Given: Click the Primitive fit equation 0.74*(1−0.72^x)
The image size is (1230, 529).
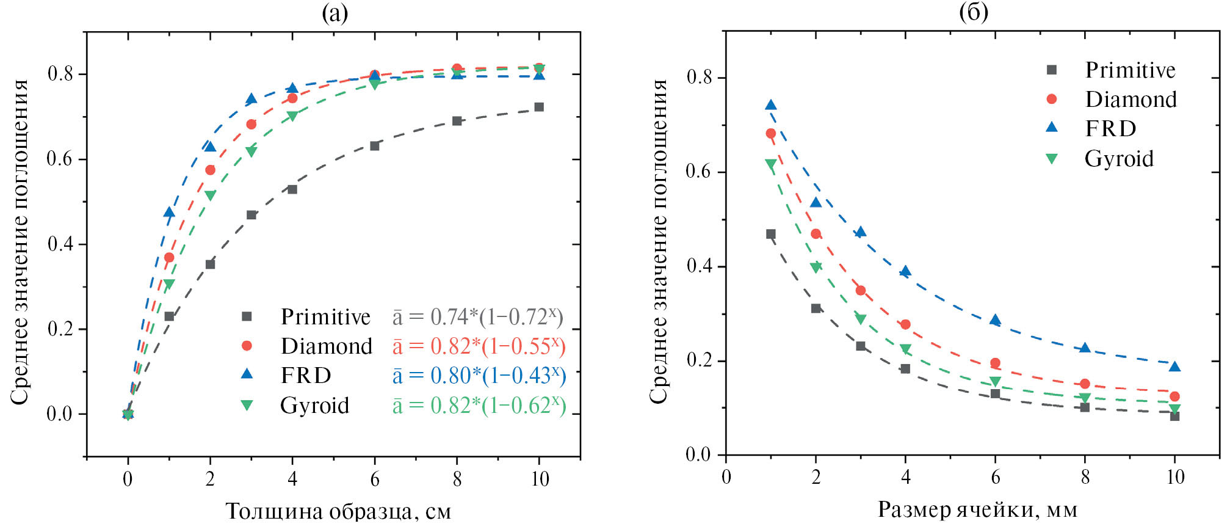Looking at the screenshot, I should [477, 317].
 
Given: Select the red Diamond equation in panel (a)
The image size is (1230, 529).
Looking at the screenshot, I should [479, 346].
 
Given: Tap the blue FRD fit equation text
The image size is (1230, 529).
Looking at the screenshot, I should [479, 376].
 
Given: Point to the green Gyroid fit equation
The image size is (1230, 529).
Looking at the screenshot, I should [479, 406].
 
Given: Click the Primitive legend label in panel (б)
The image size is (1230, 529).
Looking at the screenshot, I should [1130, 70].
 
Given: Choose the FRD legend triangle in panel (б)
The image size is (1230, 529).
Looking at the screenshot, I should [1052, 127].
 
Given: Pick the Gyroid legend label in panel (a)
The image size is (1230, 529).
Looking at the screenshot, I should [314, 406].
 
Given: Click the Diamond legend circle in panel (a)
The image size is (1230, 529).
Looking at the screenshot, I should [247, 346].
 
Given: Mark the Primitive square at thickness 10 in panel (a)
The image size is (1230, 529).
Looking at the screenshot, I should [539, 107].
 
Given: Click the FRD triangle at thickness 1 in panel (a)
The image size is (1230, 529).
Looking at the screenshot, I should [169, 213].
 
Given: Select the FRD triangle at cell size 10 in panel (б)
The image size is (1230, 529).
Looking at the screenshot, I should [1174, 367].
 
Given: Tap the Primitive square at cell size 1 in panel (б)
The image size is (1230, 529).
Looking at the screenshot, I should [771, 234].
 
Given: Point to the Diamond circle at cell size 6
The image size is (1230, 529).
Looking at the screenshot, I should [995, 363].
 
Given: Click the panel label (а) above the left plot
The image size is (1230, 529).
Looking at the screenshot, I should [335, 12].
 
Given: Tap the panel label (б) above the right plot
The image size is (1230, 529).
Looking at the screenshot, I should [973, 12].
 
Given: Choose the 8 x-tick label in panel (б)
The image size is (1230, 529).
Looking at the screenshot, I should [1085, 477].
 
